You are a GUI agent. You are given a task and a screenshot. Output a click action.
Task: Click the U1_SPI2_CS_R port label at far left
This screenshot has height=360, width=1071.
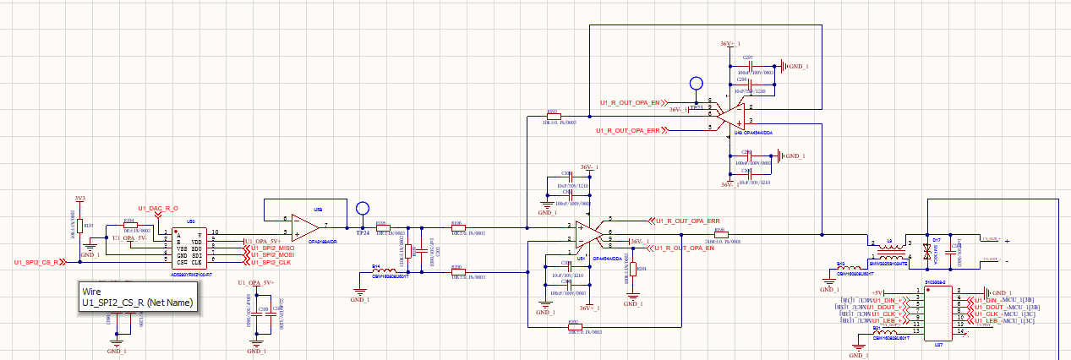click(36, 264)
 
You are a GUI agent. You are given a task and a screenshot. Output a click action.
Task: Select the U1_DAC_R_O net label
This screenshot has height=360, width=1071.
click(157, 208)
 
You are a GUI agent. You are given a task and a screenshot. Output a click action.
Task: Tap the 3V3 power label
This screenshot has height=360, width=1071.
click(80, 199)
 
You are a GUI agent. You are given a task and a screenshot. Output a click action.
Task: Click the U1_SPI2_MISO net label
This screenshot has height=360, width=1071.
click(272, 247)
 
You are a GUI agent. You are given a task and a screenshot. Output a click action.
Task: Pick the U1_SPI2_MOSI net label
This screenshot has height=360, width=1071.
click(272, 254)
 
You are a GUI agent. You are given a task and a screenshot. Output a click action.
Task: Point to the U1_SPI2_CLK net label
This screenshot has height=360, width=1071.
click(270, 263)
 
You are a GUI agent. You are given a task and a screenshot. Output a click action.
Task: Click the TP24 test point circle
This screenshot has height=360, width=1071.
click(363, 207)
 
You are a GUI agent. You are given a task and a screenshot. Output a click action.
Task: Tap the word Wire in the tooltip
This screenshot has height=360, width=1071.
click(91, 290)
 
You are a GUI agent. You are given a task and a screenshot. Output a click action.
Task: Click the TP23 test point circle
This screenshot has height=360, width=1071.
click(697, 84)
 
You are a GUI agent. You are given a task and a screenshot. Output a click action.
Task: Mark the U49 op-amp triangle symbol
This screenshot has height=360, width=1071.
click(729, 117)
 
